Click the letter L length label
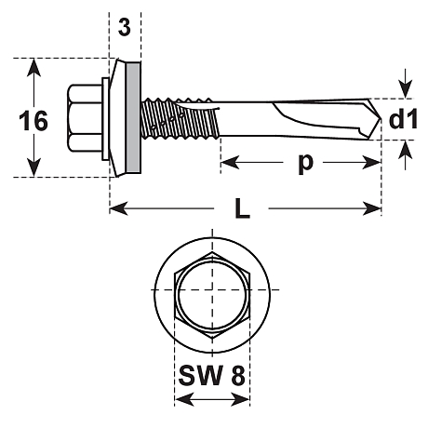[x=243, y=209]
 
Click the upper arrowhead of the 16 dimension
[x=33, y=67]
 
